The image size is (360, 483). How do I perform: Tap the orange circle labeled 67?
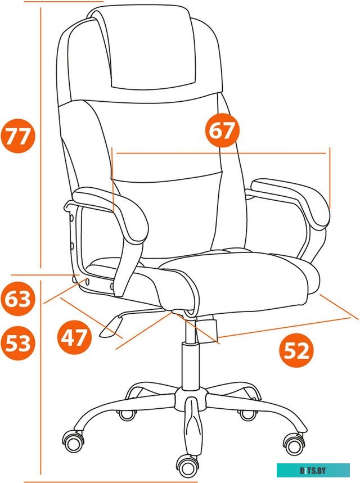(x=222, y=131)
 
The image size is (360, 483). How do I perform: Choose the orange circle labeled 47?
(x=75, y=338)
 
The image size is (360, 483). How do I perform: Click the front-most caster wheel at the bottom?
(x=188, y=465)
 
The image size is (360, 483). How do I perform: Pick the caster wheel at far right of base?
(x=294, y=444)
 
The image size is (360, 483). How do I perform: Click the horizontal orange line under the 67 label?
(x=219, y=152)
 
